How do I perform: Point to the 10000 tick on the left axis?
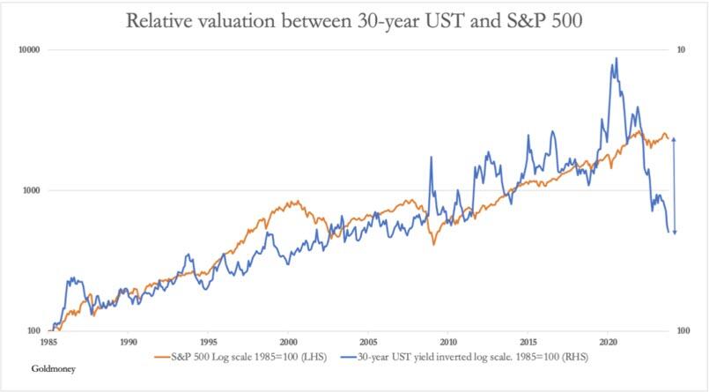pos(32,50)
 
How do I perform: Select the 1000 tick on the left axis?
pos(33,190)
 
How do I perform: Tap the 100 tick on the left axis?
pos(36,330)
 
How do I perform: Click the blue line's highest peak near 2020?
pos(616,58)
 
